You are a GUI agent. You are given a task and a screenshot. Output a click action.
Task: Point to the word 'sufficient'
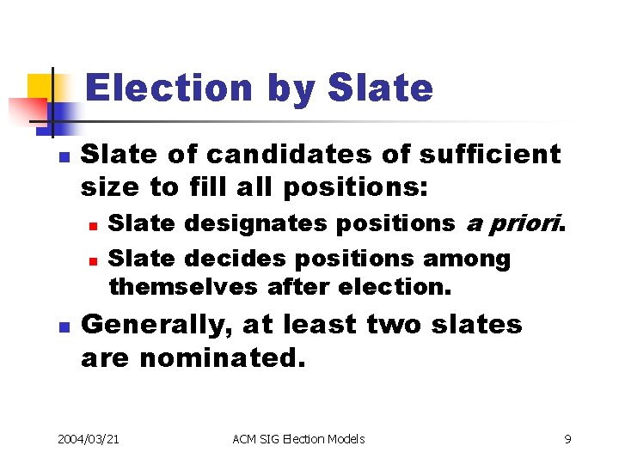pyautogui.click(x=489, y=155)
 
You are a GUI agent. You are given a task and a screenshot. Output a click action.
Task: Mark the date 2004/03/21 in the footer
pyautogui.click(x=89, y=439)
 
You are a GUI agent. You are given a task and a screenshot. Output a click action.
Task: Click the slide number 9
pyautogui.click(x=567, y=439)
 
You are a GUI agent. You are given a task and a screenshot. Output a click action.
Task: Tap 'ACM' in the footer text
pyautogui.click(x=245, y=439)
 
